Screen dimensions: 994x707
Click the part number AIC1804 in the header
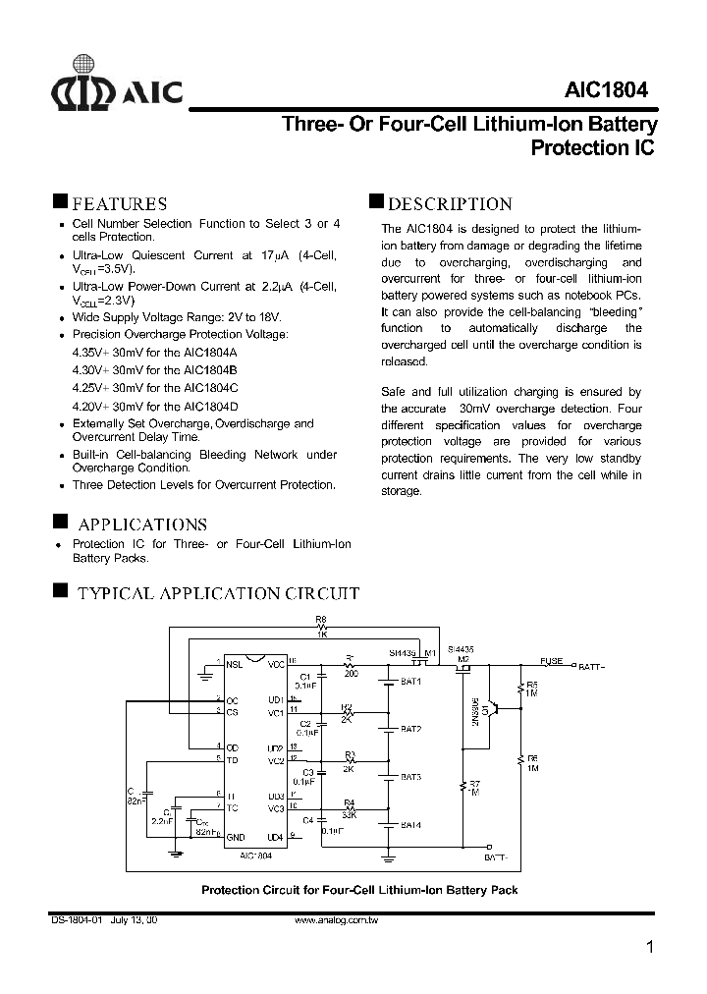[606, 89]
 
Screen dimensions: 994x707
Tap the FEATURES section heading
[120, 204]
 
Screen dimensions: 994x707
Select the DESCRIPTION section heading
[451, 204]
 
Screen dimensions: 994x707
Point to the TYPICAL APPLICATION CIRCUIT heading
[218, 593]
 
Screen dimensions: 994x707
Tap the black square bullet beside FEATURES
[60, 201]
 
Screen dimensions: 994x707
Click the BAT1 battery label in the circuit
[411, 682]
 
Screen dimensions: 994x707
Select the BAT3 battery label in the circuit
[411, 777]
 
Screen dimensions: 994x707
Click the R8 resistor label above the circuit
[320, 620]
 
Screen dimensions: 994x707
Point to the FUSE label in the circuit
[552, 661]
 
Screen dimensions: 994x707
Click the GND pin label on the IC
[235, 837]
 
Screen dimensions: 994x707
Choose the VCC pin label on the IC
[275, 665]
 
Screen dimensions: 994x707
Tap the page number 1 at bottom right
[649, 947]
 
